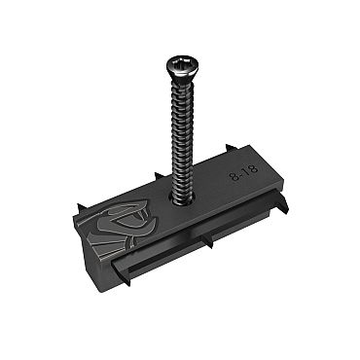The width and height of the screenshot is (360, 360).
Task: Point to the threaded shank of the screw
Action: coord(179,136)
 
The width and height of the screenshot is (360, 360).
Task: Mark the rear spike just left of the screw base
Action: coord(154,178)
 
